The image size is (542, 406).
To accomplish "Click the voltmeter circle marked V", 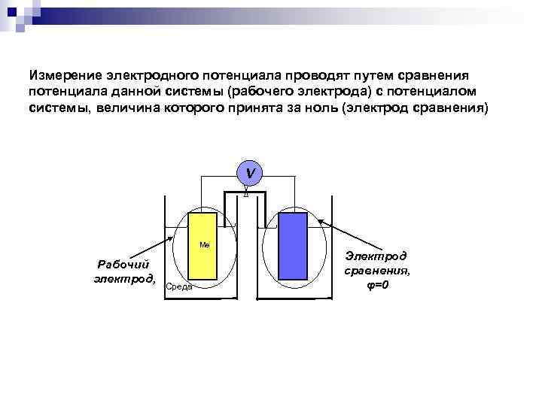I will click(x=249, y=173).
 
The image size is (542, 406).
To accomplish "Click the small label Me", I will click(x=204, y=245).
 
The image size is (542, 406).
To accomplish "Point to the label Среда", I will click(x=179, y=286).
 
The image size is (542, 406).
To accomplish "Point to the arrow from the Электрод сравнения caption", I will click(x=335, y=233).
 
